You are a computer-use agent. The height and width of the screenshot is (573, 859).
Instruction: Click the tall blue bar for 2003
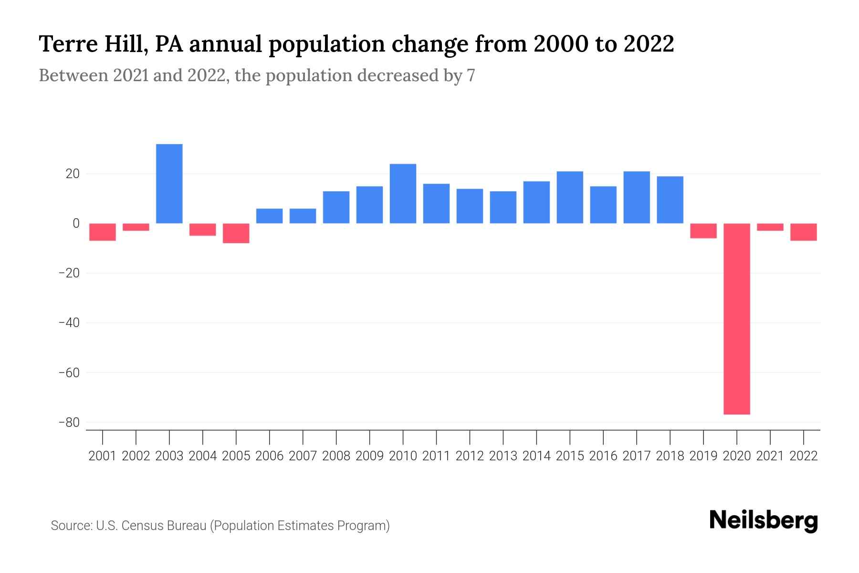pyautogui.click(x=169, y=184)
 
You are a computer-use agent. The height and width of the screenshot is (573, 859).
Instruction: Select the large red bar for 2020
pyautogui.click(x=736, y=318)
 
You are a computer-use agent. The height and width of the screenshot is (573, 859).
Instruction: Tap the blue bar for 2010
pyautogui.click(x=403, y=194)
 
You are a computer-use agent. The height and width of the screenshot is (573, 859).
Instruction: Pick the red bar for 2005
pyautogui.click(x=236, y=233)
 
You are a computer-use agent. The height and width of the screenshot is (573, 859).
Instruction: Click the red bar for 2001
pyautogui.click(x=103, y=232)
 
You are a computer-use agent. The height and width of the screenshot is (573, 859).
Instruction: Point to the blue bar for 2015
pyautogui.click(x=570, y=197)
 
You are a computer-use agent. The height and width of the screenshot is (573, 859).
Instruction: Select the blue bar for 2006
pyautogui.click(x=269, y=216)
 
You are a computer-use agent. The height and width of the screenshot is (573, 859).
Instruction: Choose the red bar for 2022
pyautogui.click(x=803, y=232)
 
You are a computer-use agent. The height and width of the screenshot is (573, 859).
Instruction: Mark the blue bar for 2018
pyautogui.click(x=670, y=200)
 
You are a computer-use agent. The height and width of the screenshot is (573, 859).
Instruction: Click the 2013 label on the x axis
pyautogui.click(x=503, y=456)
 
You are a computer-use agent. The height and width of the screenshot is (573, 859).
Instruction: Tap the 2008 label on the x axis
pyautogui.click(x=336, y=456)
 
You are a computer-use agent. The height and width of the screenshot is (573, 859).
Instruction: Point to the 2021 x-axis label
pyautogui.click(x=770, y=456)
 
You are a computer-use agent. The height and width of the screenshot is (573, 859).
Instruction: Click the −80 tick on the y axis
pyautogui.click(x=69, y=423)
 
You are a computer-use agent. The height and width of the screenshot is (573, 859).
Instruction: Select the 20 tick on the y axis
pyautogui.click(x=73, y=174)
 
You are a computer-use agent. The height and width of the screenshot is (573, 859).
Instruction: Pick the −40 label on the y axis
pyautogui.click(x=69, y=323)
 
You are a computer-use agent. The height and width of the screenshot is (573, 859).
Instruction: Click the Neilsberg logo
pyautogui.click(x=763, y=520)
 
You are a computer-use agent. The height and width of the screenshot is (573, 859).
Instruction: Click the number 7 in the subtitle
pyautogui.click(x=471, y=75)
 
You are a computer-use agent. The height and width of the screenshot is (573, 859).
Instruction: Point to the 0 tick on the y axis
pyautogui.click(x=76, y=223)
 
